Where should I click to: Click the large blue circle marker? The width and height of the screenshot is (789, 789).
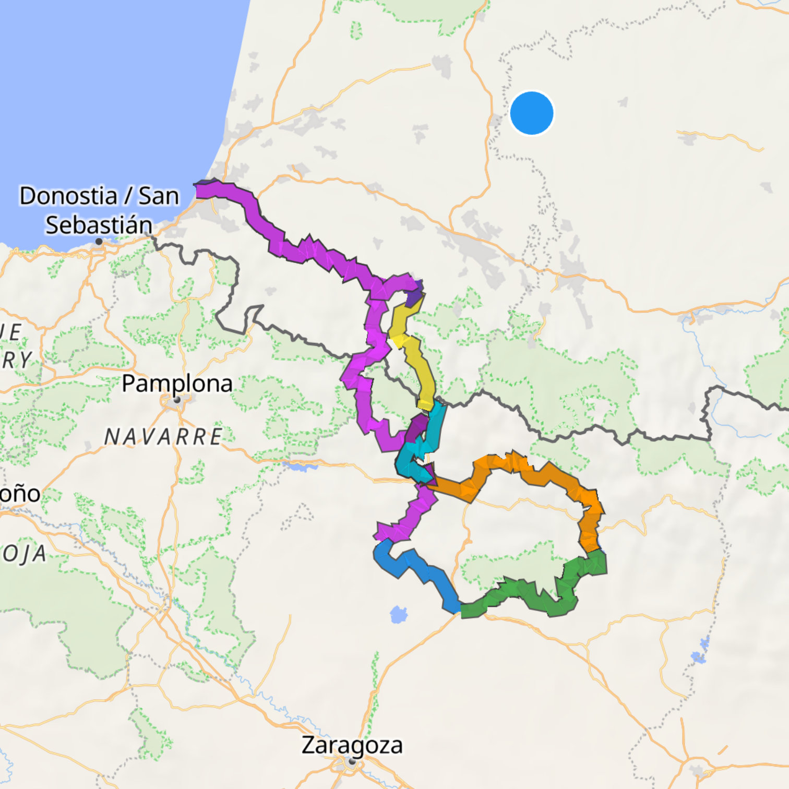[x=531, y=113]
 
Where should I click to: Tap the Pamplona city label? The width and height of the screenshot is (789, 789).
[x=177, y=384]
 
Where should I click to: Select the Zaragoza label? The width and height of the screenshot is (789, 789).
[x=352, y=745]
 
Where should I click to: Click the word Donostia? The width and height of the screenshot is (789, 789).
[x=68, y=196]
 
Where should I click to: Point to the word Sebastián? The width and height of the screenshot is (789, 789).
[x=99, y=225]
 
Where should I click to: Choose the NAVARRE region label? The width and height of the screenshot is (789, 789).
[x=163, y=436]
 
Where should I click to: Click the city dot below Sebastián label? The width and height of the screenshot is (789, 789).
[x=99, y=242]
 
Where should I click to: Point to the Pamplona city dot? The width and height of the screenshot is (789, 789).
[x=177, y=400]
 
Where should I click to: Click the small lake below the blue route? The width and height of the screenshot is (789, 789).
[x=399, y=615]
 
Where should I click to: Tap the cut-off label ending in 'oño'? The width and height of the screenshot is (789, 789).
[x=19, y=494]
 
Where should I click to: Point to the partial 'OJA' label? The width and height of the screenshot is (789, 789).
[x=23, y=554]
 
